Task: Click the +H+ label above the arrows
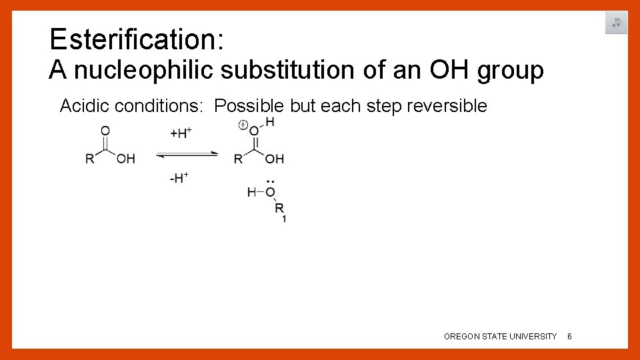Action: coord(181,133)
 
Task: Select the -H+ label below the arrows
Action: coord(180,178)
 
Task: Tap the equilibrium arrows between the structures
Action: coord(187,155)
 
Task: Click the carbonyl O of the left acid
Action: coord(105,131)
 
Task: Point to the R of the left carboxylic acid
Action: coord(90,159)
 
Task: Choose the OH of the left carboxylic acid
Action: coord(125,159)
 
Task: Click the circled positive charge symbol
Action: coord(243,125)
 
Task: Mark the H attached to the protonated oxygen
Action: coord(269,121)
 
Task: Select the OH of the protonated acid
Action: coord(275,159)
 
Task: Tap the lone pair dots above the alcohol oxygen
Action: coord(270,181)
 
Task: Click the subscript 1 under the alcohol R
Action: coord(285,219)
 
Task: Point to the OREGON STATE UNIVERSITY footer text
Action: coord(500,337)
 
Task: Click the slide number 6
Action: coord(569,337)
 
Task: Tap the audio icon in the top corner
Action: coord(616,23)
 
